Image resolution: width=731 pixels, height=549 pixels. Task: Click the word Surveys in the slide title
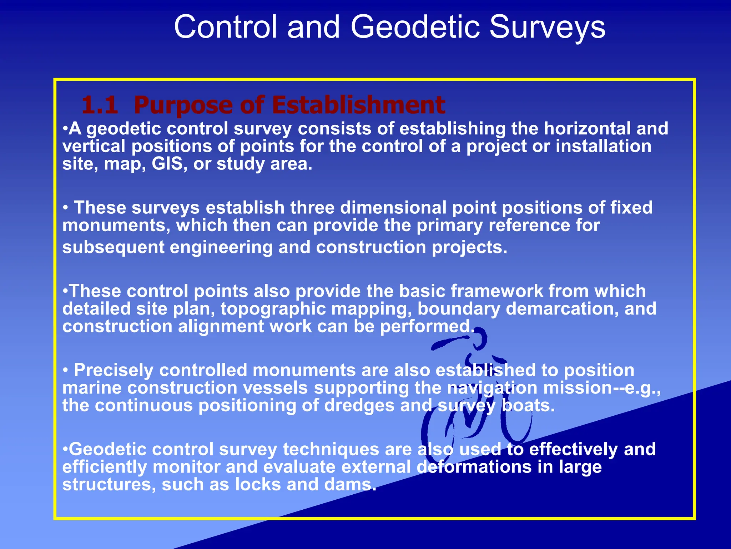[x=547, y=27]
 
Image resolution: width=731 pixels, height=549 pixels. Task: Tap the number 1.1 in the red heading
[x=100, y=105]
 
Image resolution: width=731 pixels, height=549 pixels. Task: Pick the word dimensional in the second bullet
[x=393, y=208]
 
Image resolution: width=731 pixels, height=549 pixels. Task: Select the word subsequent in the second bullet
[x=113, y=247]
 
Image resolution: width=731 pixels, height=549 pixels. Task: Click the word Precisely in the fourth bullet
[x=114, y=370]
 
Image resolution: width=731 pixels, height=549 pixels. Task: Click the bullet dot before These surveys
[x=65, y=208]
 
